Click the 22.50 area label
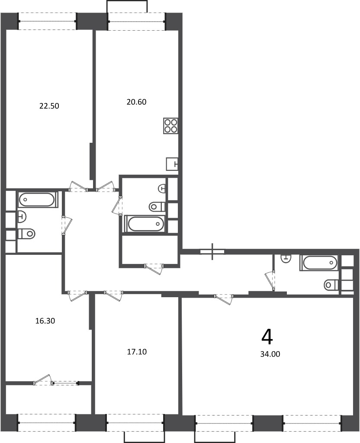click(49, 106)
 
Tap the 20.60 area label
click(136, 102)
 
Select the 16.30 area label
click(45, 321)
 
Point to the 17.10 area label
click(137, 352)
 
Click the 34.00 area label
click(270, 354)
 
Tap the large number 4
click(267, 337)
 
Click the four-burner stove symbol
click(170, 126)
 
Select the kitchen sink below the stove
click(172, 164)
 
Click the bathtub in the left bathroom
click(37, 199)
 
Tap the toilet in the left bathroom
click(26, 233)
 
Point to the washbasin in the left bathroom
click(22, 217)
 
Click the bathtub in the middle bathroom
click(145, 224)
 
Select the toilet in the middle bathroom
click(157, 206)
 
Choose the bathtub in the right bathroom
click(319, 263)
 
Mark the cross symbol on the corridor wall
click(212, 251)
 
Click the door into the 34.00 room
click(224, 299)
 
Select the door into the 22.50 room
click(79, 186)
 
